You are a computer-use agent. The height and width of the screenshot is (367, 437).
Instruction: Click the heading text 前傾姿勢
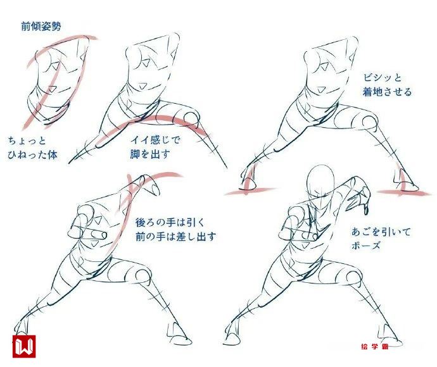point(41,27)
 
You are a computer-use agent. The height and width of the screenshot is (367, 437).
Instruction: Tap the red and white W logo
point(24,346)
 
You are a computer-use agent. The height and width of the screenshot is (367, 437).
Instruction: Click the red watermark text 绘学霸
point(374,346)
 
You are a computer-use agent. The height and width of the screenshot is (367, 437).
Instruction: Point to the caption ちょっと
point(27,140)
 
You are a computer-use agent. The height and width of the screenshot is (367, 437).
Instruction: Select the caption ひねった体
point(32,155)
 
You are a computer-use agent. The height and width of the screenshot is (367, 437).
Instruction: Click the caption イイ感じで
point(155,139)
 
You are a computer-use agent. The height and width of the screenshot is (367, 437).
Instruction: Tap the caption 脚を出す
point(150,154)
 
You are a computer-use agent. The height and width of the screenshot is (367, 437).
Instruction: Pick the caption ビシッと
point(382,77)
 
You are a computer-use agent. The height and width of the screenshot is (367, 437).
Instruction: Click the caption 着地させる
point(387,92)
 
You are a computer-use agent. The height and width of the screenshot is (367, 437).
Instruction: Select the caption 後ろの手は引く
point(170,223)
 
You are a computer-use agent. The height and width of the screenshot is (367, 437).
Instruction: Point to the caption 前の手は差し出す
point(176,237)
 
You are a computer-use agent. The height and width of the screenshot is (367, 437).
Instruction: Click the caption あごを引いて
point(381,232)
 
